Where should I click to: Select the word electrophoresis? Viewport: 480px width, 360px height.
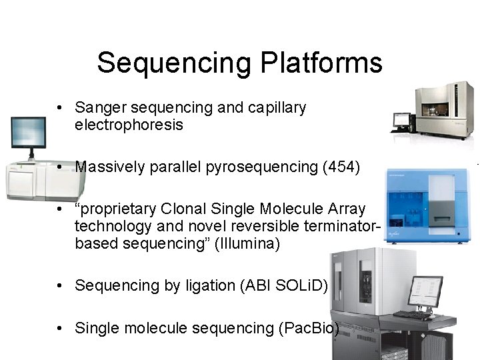[129, 125]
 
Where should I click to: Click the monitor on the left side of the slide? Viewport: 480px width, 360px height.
[28, 134]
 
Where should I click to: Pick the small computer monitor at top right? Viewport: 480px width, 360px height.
[401, 121]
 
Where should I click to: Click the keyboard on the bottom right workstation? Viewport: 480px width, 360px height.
[413, 314]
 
